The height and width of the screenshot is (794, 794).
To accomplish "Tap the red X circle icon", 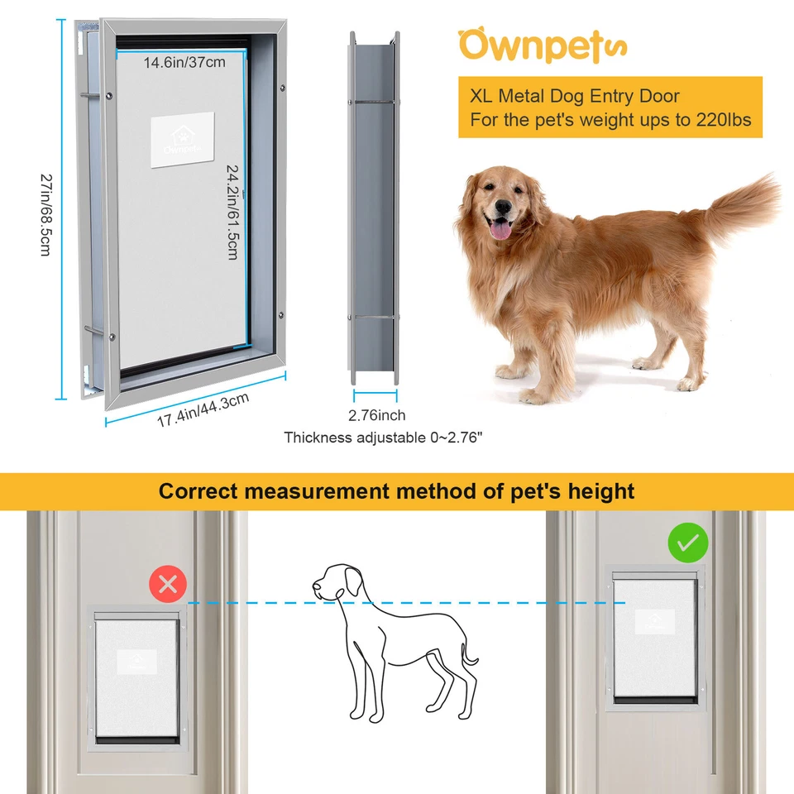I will (x=168, y=586).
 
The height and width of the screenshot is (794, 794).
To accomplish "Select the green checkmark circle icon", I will (x=687, y=543).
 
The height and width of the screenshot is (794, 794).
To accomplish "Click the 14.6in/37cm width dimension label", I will (x=184, y=62).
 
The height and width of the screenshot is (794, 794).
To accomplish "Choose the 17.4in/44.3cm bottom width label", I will (x=203, y=410).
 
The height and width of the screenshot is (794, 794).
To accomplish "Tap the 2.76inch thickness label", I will (x=376, y=415).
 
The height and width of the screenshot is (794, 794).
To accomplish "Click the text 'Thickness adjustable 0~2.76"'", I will (x=383, y=437).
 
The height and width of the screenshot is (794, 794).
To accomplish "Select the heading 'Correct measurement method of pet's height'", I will (x=396, y=491).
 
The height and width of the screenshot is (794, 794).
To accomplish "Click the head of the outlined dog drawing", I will (x=335, y=581).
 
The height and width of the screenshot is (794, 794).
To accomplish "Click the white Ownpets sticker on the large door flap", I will (x=182, y=140).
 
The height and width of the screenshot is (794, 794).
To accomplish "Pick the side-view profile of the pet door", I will (x=374, y=207).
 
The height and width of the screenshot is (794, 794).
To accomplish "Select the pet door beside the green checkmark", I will (x=654, y=637).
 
